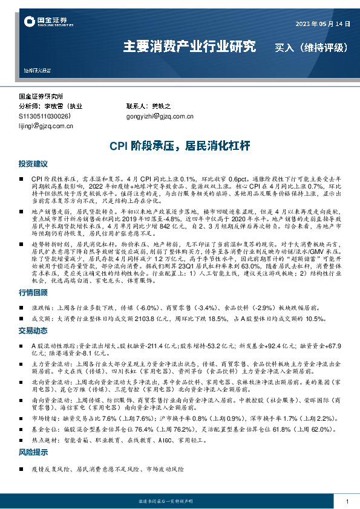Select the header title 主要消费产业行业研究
(x=189, y=47)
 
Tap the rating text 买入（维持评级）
(x=311, y=47)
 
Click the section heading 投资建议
(x=33, y=164)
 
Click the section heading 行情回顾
(x=33, y=292)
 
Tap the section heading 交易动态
(x=33, y=331)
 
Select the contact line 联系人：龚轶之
(x=149, y=105)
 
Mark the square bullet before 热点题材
(x=22, y=441)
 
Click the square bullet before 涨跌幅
(x=22, y=307)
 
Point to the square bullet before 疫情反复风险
(x=22, y=469)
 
